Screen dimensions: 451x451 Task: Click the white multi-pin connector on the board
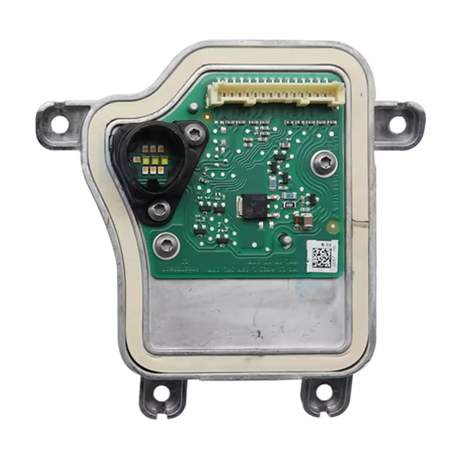point(275,92)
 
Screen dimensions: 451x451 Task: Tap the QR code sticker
point(322,256)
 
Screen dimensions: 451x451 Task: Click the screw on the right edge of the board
point(324,162)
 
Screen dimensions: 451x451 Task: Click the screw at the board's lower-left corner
point(166,245)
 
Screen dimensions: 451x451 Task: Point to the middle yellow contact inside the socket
point(155,160)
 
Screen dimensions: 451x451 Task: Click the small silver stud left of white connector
point(193,107)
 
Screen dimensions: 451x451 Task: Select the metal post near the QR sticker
point(285,241)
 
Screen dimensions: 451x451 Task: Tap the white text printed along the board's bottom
point(235,269)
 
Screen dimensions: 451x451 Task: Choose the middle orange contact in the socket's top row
point(153,148)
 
